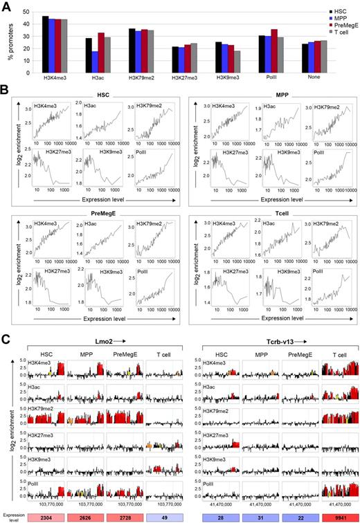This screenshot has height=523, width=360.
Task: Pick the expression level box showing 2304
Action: tap(57, 517)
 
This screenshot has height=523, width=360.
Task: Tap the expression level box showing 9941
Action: tap(336, 517)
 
